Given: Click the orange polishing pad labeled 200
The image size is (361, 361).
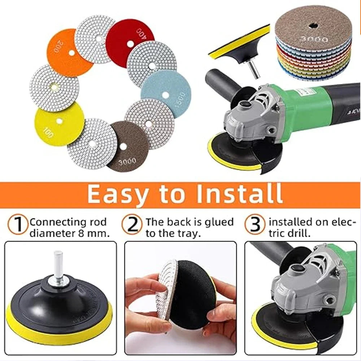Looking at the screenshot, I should tap(67, 54).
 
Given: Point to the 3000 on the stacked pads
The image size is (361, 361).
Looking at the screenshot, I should tap(313, 38).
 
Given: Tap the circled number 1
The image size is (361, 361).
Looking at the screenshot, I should tap(18, 225).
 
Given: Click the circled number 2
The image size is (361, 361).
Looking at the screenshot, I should tap(132, 225).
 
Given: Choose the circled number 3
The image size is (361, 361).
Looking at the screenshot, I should tap(255, 225).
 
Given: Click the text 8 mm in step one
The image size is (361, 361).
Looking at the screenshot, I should tap(97, 234).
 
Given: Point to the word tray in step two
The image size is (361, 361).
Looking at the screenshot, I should tap(188, 234).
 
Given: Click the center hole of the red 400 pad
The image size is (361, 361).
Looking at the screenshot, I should tap(130, 43).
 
